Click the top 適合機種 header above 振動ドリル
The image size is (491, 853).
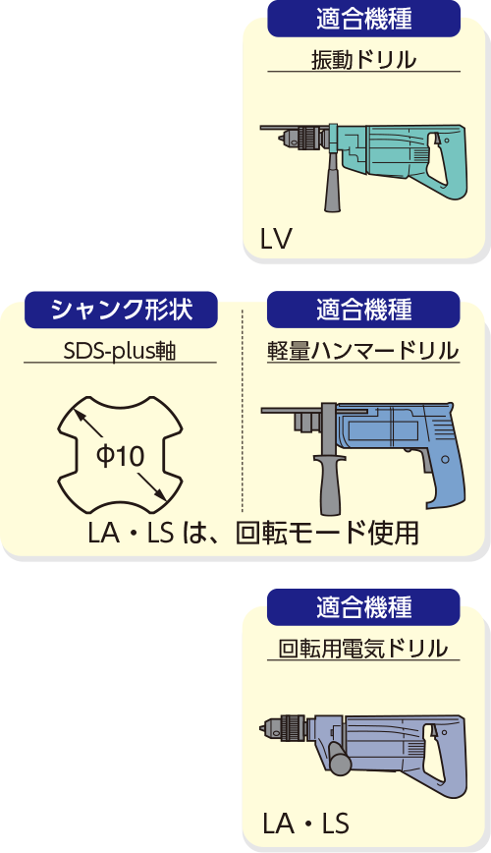(363, 19)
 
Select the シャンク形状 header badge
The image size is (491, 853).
(121, 311)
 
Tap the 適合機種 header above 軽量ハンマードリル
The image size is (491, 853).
(363, 311)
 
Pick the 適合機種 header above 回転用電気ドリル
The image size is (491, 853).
(363, 607)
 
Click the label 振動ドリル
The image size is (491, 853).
(363, 60)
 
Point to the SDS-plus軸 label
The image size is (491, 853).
(120, 352)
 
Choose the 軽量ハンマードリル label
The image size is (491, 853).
(363, 352)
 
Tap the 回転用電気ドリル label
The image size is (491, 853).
(363, 649)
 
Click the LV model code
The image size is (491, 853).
(276, 239)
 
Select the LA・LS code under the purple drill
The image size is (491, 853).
(305, 824)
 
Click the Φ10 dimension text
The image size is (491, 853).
(120, 455)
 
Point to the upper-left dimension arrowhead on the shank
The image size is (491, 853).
(78, 415)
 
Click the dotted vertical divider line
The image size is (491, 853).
(243, 409)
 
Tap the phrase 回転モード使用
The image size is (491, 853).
(327, 534)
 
